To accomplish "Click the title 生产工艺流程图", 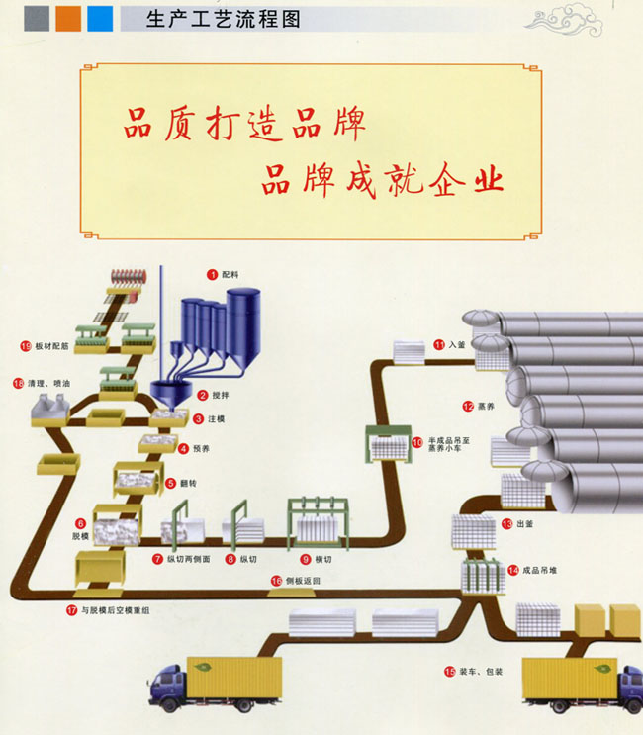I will [222, 19].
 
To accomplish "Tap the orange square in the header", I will [68, 18].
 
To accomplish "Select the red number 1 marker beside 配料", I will [211, 272].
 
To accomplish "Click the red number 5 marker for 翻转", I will [171, 484].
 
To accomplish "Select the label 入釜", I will [456, 345].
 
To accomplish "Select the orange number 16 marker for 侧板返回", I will [276, 581].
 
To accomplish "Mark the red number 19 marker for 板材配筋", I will [26, 346].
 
